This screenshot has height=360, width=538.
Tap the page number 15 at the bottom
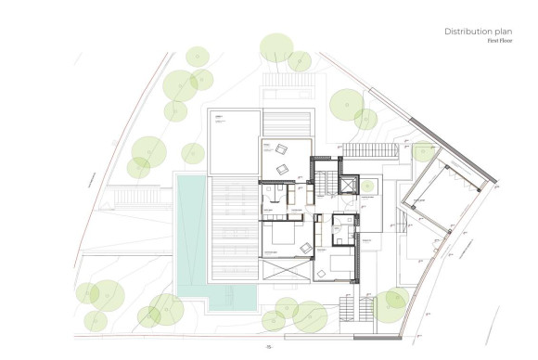click(268, 347)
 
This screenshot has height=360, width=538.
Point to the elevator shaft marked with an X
click(348, 185)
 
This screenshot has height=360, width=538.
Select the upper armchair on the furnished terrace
click(279, 148)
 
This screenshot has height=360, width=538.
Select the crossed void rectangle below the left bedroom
click(287, 275)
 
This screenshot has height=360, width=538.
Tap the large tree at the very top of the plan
click(275, 47)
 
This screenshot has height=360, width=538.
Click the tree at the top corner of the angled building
click(422, 151)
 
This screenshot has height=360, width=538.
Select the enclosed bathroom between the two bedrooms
click(342, 226)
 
